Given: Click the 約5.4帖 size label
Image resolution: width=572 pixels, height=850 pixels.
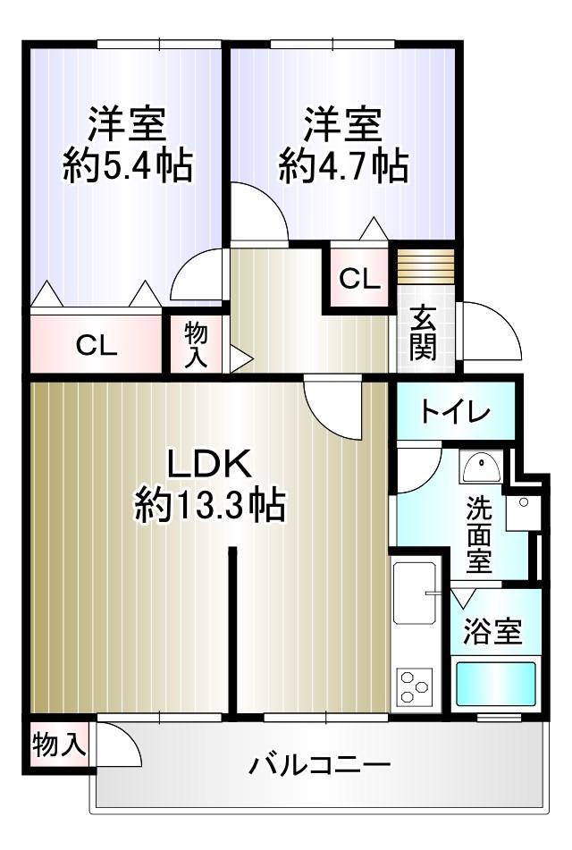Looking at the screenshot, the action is click(128, 165).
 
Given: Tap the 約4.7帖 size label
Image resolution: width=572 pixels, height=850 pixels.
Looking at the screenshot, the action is click(344, 165).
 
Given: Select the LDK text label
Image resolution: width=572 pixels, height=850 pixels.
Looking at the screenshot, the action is click(209, 464).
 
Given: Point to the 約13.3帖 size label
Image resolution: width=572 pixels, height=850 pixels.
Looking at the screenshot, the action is click(210, 505).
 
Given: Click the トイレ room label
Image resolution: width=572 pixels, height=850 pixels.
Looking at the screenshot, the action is click(456, 413).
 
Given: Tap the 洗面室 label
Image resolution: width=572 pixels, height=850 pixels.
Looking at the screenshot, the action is click(479, 534).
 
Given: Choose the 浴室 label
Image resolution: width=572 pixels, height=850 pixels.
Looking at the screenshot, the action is click(492, 631).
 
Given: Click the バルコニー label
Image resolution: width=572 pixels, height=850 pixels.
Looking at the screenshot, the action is click(320, 765).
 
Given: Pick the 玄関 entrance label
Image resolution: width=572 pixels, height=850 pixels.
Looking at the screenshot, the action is click(423, 332).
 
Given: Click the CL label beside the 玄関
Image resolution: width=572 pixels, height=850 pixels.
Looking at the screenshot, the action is click(359, 279).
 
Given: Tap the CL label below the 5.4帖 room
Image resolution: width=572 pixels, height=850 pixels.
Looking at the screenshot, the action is click(97, 345).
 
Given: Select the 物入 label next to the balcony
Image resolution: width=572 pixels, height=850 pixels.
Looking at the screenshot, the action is click(59, 744).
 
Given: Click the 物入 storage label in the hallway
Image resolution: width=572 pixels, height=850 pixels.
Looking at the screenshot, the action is click(196, 345).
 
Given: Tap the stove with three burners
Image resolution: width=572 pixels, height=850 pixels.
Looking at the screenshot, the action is click(416, 686).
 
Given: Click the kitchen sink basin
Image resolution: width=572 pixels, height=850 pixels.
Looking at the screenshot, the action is click(416, 593).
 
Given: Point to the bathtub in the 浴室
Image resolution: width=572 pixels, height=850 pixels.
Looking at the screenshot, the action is click(495, 684).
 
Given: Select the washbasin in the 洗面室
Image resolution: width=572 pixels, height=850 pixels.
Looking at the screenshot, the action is click(481, 467).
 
